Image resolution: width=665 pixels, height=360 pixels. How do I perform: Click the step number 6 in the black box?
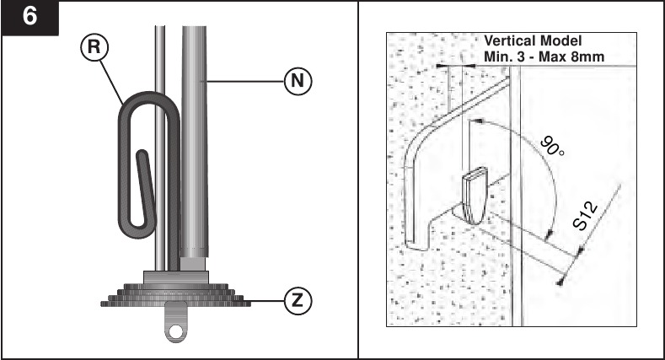[x=29, y=17]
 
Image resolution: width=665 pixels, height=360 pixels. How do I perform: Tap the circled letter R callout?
[x=94, y=46]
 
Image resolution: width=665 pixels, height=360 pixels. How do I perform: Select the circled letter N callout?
[x=298, y=81]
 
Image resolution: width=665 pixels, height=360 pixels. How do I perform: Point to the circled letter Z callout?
[x=298, y=301]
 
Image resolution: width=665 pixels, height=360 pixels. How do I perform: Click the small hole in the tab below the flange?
[x=175, y=330]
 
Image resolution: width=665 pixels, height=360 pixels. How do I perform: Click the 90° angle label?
[x=553, y=147]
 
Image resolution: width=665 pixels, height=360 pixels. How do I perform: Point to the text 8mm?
[x=587, y=56]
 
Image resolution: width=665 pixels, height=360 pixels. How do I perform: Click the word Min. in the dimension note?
[x=497, y=56]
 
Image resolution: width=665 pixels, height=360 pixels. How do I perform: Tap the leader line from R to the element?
[x=112, y=83]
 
